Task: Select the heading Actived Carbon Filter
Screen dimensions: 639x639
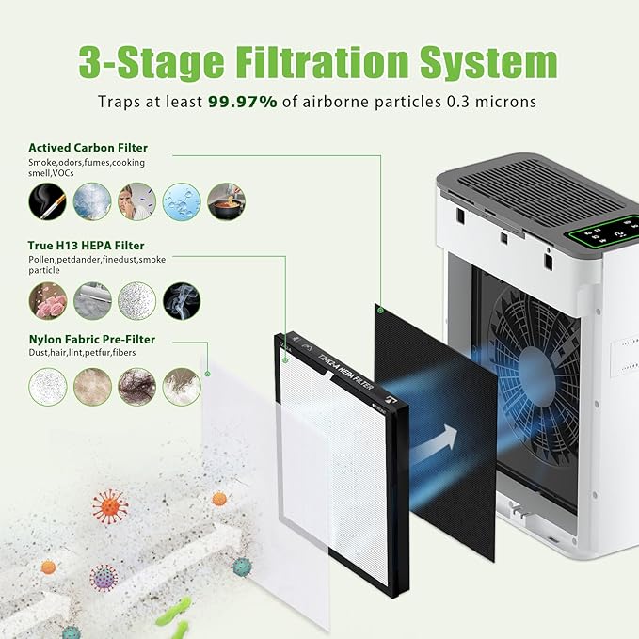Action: (88, 148)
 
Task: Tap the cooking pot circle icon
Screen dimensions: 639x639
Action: (226, 201)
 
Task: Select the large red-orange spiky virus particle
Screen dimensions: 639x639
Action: (110, 506)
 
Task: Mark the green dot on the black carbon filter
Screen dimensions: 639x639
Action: (379, 308)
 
